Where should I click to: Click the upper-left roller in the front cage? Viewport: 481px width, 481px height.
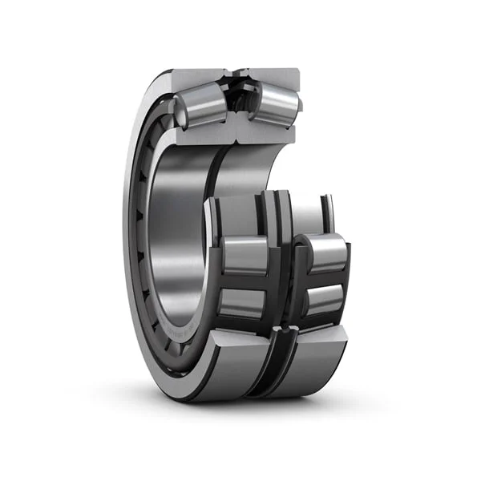click(245, 256)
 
